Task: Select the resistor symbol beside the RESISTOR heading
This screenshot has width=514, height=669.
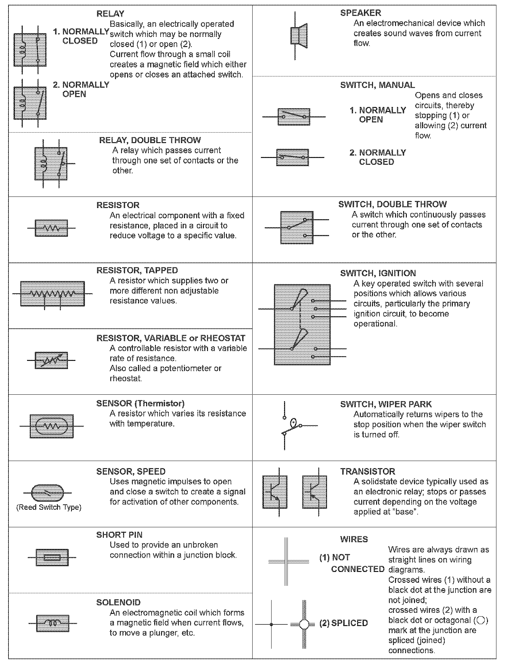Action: [x=51, y=228]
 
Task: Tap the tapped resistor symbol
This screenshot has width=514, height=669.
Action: [x=52, y=294]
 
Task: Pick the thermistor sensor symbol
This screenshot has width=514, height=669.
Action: [x=51, y=426]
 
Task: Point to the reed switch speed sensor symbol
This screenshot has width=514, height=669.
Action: [x=47, y=493]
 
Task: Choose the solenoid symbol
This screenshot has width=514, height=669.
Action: [x=52, y=623]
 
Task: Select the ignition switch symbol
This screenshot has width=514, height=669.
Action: [x=302, y=325]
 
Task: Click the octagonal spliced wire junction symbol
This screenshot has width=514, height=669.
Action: [x=304, y=624]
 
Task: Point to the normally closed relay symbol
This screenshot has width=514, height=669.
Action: [x=30, y=50]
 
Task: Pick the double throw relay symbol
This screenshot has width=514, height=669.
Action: [x=51, y=163]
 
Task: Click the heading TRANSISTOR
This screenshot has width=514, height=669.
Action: [x=367, y=471]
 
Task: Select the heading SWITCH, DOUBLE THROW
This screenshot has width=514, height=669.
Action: [x=392, y=204]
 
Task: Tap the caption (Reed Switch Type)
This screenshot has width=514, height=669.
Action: [x=49, y=507]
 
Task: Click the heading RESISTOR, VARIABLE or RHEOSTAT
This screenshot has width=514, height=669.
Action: [x=171, y=338]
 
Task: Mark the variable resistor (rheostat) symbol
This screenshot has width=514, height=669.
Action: [x=51, y=360]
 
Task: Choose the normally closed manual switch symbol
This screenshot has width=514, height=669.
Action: [x=293, y=157]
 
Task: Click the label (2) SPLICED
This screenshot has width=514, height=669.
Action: [x=343, y=623]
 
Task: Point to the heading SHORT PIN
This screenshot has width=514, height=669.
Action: [x=119, y=535]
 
